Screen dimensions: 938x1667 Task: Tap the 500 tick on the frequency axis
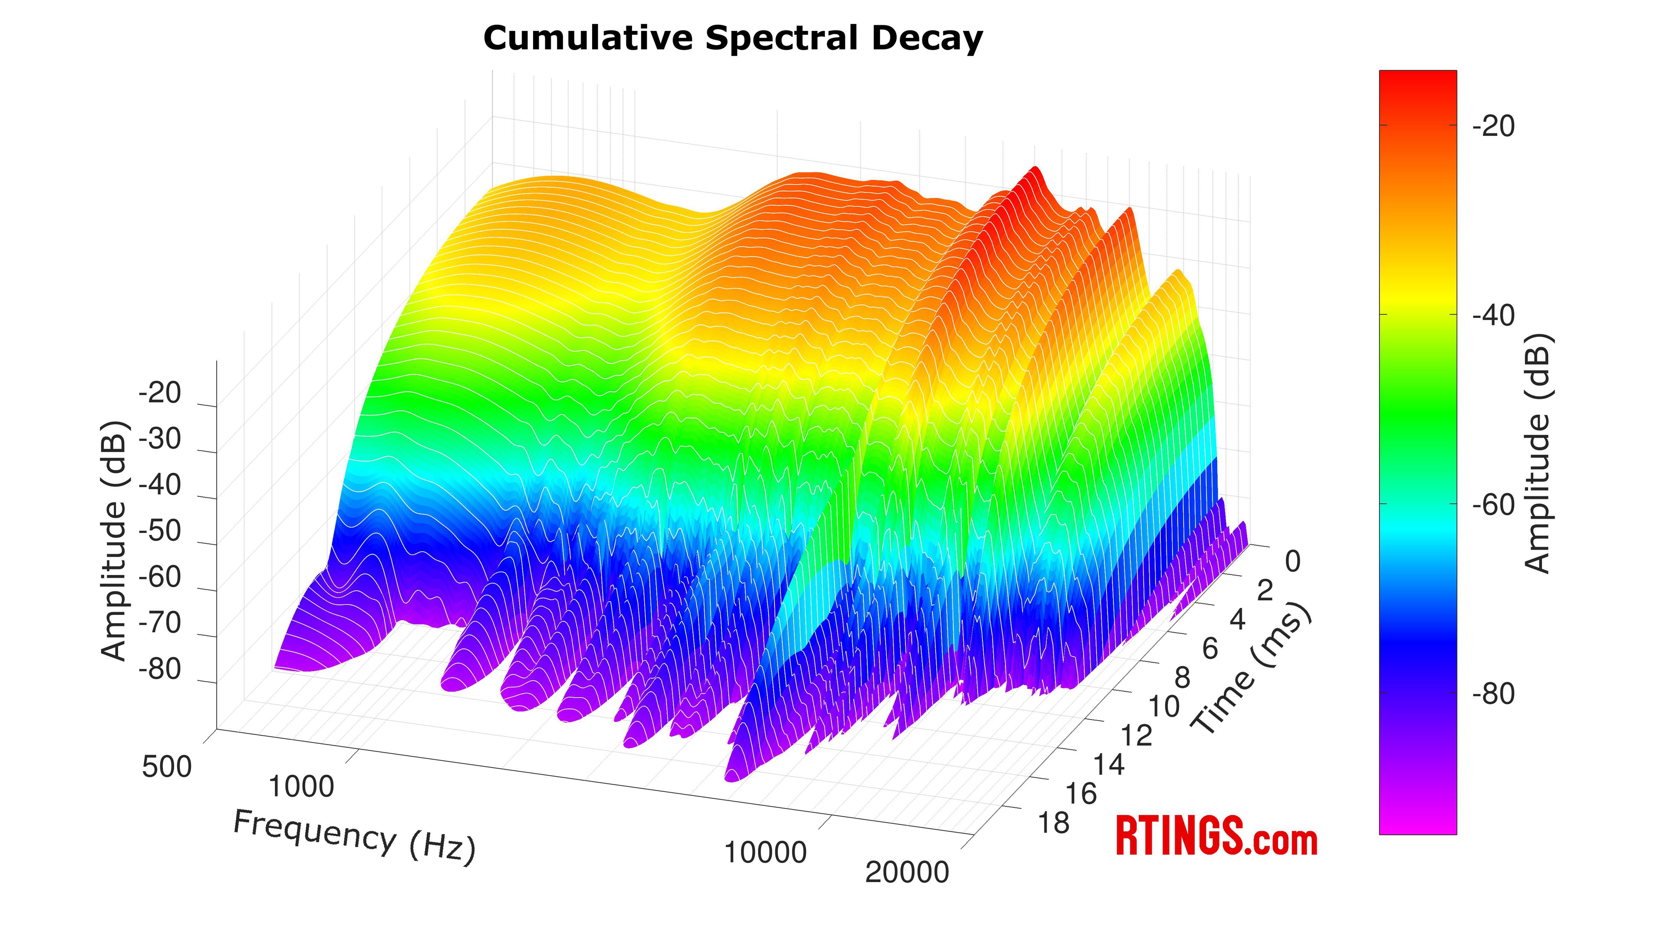(x=167, y=767)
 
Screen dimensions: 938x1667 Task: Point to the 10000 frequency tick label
(x=765, y=852)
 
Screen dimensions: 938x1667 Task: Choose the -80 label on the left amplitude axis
(x=160, y=669)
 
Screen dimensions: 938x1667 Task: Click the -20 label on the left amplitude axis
(x=160, y=393)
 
